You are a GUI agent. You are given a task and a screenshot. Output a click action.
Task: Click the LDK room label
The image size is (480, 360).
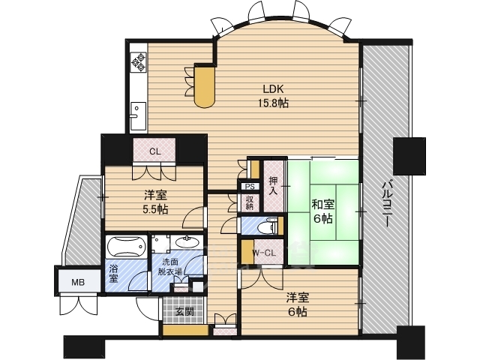tap(273, 89)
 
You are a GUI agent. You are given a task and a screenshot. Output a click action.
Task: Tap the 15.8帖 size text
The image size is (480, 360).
tap(274, 103)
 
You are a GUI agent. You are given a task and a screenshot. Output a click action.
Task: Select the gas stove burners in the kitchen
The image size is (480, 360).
tap(138, 62)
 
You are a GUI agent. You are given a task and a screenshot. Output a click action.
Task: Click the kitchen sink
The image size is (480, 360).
tap(138, 115)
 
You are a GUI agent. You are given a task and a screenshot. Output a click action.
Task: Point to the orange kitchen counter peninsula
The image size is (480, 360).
tap(205, 87)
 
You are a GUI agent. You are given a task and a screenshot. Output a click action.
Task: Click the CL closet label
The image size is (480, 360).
tap(155, 151)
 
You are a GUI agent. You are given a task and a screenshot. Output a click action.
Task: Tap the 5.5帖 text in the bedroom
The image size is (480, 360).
tap(155, 209)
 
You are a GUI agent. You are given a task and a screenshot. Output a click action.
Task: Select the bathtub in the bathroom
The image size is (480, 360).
tap(126, 246)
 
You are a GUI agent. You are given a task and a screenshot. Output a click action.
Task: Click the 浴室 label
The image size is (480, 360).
tap(113, 273)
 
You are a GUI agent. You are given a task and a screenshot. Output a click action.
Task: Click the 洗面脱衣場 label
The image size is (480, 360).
tap(170, 266)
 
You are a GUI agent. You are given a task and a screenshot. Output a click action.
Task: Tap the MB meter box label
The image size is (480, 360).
tap(78, 282)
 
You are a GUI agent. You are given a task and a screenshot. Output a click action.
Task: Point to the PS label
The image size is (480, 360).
tap(250, 186)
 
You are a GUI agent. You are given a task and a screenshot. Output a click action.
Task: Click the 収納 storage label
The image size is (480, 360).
tap(250, 202)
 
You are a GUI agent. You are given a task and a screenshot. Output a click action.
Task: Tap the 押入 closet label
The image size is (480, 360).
tap(273, 185)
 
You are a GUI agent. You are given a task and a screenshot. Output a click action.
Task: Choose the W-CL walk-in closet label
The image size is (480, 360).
tap(264, 253)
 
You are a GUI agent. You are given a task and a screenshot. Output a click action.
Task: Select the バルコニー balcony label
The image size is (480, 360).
tap(386, 203)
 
